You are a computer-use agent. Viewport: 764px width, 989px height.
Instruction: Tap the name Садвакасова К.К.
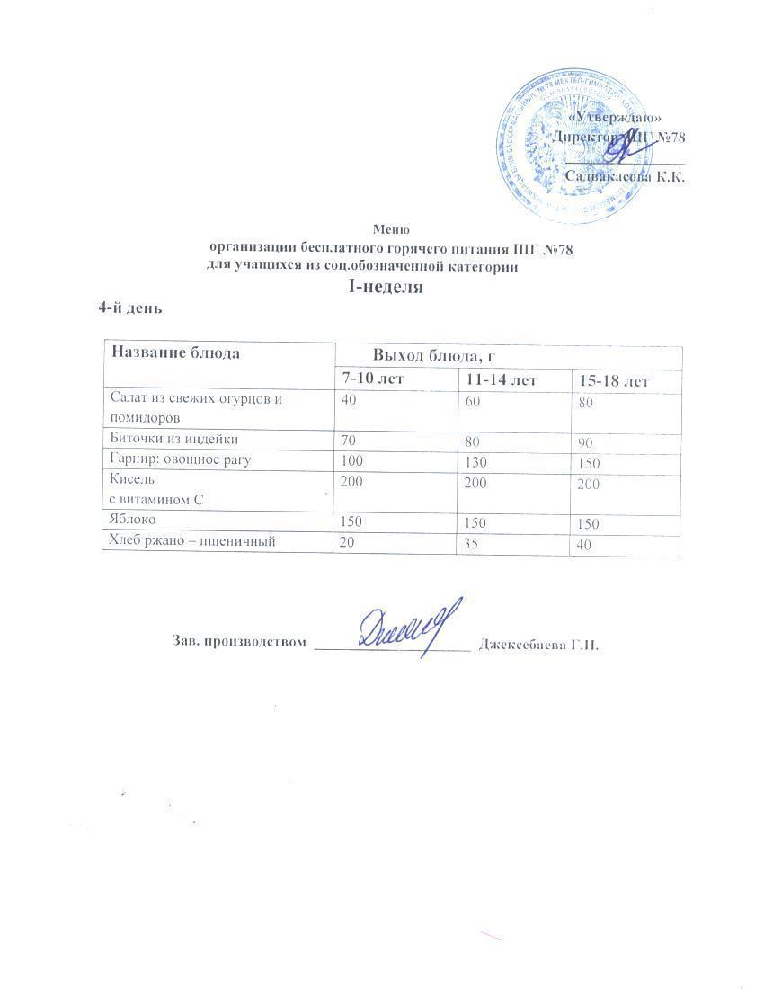(625, 176)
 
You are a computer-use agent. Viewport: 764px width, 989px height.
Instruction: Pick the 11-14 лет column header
(501, 379)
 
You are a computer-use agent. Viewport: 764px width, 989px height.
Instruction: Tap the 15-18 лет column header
(614, 381)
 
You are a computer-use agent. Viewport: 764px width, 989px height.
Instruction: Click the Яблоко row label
(132, 520)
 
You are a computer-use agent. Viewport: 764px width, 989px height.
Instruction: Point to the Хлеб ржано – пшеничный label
(191, 540)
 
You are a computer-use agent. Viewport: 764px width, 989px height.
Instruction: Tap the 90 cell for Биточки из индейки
(586, 443)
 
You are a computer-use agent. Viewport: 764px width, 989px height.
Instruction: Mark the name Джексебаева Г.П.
(539, 644)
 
